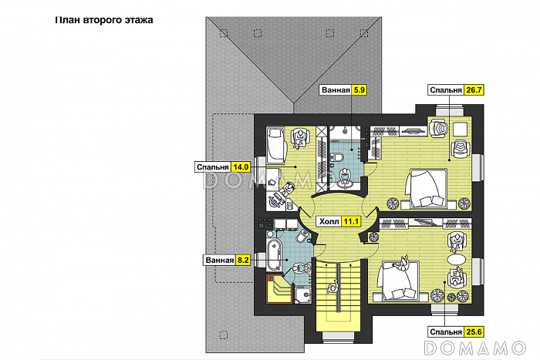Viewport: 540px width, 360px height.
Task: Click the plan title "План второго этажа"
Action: [104, 20]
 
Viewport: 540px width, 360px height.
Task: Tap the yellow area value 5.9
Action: [359, 90]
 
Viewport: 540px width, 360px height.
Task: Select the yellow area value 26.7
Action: [474, 90]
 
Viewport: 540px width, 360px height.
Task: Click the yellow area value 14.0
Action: [241, 167]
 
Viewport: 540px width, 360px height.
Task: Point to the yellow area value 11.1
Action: [351, 222]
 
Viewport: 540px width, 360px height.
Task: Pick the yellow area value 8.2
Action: [243, 261]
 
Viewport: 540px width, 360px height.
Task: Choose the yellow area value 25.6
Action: [474, 331]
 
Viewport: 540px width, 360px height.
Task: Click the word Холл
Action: [329, 222]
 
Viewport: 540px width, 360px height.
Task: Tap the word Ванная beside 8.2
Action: [219, 261]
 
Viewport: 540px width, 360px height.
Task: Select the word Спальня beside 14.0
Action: [212, 167]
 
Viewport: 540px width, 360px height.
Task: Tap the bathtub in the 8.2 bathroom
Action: [275, 255]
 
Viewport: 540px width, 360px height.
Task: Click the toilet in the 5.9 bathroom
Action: [337, 157]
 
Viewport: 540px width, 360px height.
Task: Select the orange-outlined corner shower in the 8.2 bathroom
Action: [279, 289]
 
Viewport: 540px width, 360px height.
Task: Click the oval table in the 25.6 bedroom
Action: [456, 258]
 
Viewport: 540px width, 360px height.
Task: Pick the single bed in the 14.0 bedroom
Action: [276, 144]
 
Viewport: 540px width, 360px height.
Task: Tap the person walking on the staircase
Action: [332, 287]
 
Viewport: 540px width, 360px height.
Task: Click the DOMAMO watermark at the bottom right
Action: [475, 348]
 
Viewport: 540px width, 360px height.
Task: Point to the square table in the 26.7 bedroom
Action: [460, 130]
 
